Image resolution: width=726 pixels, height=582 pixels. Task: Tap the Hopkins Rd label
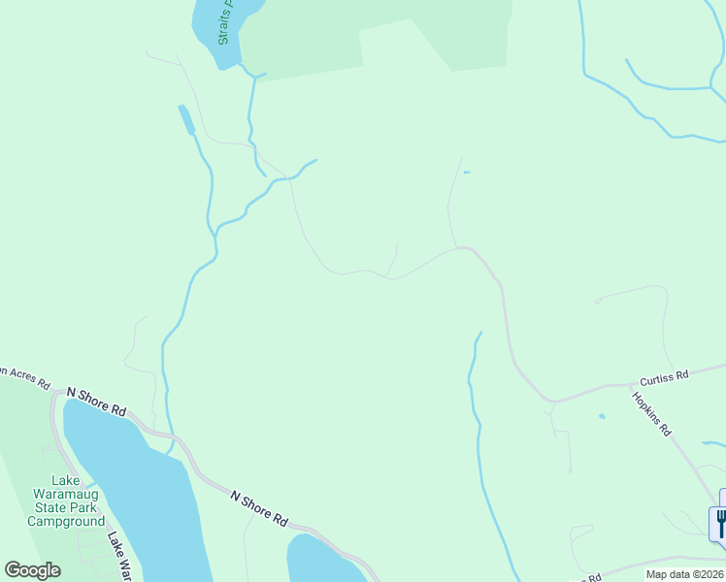651,413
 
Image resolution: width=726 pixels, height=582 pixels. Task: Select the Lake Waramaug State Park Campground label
65,501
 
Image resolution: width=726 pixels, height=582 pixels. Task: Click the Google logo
32,570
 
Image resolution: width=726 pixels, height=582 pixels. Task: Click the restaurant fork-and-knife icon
721,523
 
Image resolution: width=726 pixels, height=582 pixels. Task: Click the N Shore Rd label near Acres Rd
97,401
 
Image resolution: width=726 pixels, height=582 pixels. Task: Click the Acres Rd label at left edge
24,375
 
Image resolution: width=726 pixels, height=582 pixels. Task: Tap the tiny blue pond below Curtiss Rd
602,417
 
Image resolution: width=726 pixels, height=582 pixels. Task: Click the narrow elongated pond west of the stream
185,118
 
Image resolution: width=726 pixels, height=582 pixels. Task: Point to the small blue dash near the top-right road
467,173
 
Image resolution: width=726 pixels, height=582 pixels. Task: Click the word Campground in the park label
65,521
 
